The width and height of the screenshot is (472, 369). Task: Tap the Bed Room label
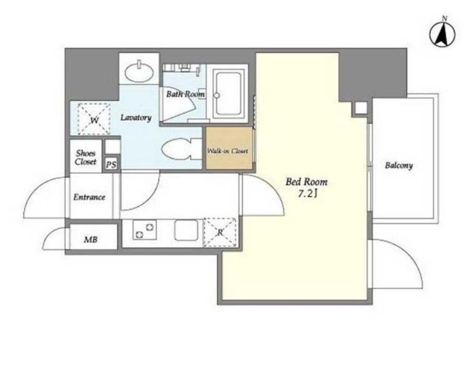(x=306, y=182)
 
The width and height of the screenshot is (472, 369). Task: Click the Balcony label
(x=399, y=165)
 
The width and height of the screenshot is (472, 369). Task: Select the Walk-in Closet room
(x=229, y=148)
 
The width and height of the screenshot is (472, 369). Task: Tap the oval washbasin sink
(x=140, y=73)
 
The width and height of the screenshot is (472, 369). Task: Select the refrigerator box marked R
(x=220, y=232)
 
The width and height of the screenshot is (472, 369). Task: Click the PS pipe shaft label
(x=111, y=165)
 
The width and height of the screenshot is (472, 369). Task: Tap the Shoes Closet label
(x=86, y=158)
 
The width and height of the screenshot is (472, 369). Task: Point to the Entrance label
(x=89, y=197)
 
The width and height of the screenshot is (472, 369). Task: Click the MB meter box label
(x=90, y=240)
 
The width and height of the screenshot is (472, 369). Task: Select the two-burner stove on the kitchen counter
(x=144, y=230)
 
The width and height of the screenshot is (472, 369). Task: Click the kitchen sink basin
(x=186, y=230)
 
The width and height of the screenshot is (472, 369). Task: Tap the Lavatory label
(x=136, y=117)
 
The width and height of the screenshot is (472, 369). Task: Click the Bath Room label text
(x=186, y=94)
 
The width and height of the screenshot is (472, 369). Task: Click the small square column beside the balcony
(x=361, y=108)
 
